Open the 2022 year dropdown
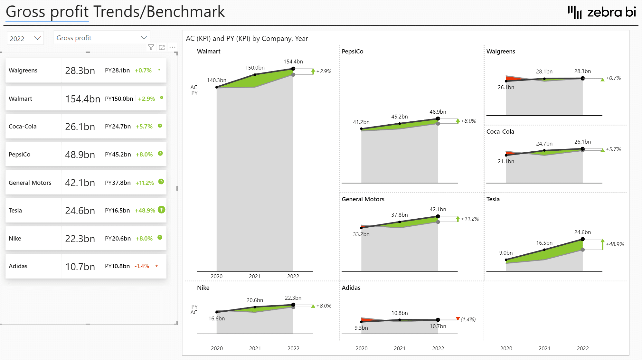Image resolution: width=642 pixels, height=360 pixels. [25, 38]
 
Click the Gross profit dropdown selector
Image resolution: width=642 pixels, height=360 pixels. [101, 38]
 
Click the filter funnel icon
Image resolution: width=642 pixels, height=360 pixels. [151, 47]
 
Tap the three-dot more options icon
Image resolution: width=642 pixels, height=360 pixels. [173, 47]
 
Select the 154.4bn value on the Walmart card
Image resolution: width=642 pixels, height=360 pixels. [83, 99]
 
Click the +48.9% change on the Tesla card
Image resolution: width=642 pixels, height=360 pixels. [145, 211]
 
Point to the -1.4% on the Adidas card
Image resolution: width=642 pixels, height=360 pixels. [142, 266]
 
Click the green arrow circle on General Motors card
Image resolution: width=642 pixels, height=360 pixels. [161, 182]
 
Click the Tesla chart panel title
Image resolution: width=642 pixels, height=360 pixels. [493, 199]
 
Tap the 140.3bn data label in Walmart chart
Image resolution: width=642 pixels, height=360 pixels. [216, 80]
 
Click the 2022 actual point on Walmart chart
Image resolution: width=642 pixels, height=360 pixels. [293, 69]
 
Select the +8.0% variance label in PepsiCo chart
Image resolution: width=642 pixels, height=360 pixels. [468, 121]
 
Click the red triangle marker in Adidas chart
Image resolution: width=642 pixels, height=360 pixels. [458, 318]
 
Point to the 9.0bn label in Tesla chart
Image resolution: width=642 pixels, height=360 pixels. [506, 253]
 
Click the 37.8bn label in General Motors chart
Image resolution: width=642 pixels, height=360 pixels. [399, 215]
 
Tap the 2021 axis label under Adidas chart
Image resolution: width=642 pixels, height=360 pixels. [400, 348]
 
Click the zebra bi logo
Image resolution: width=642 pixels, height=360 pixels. [602, 12]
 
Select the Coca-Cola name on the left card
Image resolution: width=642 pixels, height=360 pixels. [23, 127]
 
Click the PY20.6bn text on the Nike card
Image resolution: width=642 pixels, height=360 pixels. [118, 239]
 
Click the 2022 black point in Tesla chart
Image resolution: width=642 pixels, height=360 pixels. [583, 239]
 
